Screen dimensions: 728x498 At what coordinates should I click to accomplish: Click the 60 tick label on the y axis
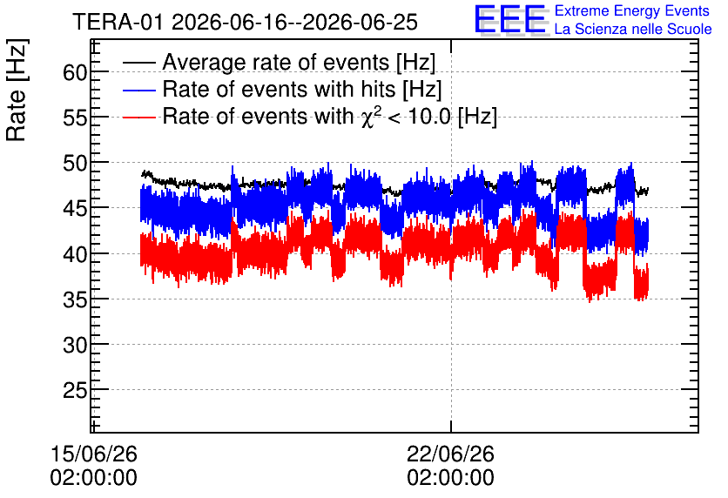point(75,72)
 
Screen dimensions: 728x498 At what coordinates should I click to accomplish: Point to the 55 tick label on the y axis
point(75,118)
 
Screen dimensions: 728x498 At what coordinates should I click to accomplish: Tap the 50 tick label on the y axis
point(75,164)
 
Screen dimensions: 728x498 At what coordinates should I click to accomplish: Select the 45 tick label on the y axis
point(75,209)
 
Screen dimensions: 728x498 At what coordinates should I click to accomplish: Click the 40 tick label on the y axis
point(75,254)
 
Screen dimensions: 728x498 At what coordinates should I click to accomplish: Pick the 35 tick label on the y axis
point(75,299)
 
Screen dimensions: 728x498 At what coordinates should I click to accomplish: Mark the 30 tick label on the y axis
point(75,346)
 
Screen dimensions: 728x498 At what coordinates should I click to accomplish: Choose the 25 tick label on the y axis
point(75,391)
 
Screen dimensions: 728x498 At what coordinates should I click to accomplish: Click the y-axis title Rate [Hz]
point(17,90)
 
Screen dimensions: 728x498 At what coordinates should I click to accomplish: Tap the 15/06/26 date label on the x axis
point(94,454)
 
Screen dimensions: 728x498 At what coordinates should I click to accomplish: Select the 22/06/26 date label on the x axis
point(451,454)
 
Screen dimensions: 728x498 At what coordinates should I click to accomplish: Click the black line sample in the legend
point(138,63)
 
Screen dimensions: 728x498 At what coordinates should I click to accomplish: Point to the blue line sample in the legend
point(138,90)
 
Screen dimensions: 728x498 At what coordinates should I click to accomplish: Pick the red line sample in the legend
point(138,117)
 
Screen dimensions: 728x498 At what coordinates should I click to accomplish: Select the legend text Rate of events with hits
point(279,89)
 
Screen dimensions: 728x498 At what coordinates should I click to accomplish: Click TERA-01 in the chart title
point(118,23)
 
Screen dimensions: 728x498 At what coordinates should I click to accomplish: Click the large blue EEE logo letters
point(510,19)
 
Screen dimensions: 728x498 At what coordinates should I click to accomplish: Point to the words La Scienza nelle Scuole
point(633,29)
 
